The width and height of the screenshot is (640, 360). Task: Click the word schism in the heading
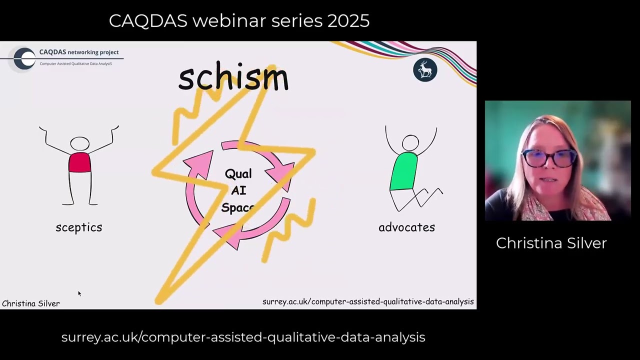233,78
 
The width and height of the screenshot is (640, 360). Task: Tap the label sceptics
79,227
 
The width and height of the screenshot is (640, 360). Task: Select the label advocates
406,227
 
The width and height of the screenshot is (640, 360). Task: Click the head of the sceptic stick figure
79,144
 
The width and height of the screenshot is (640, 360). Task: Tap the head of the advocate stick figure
410,143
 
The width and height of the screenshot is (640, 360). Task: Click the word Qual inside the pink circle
238,174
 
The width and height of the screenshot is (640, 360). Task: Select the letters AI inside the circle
238,190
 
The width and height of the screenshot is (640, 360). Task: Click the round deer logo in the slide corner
425,70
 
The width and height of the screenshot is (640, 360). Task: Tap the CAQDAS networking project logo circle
24,58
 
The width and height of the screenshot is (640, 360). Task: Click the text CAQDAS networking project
79,52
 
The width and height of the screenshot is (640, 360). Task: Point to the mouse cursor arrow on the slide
79,293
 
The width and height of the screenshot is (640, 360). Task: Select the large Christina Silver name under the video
551,243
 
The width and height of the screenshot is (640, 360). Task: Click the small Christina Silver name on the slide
31,303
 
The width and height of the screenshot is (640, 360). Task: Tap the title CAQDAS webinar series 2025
239,21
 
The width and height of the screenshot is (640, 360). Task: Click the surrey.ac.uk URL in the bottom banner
243,337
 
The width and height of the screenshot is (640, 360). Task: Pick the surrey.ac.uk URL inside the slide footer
368,301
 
